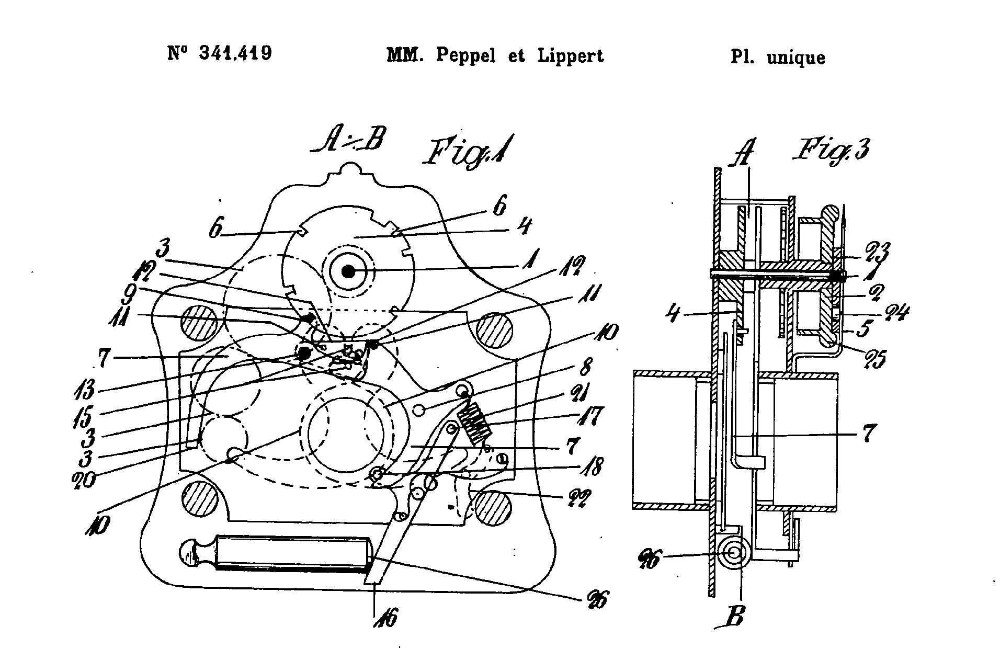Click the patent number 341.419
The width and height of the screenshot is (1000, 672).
coord(235,53)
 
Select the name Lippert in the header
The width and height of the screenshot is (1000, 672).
coord(571,55)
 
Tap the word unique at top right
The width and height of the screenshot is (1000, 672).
coord(796,58)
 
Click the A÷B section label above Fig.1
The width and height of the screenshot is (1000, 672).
coord(348,141)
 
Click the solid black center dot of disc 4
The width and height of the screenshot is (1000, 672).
coord(348,271)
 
